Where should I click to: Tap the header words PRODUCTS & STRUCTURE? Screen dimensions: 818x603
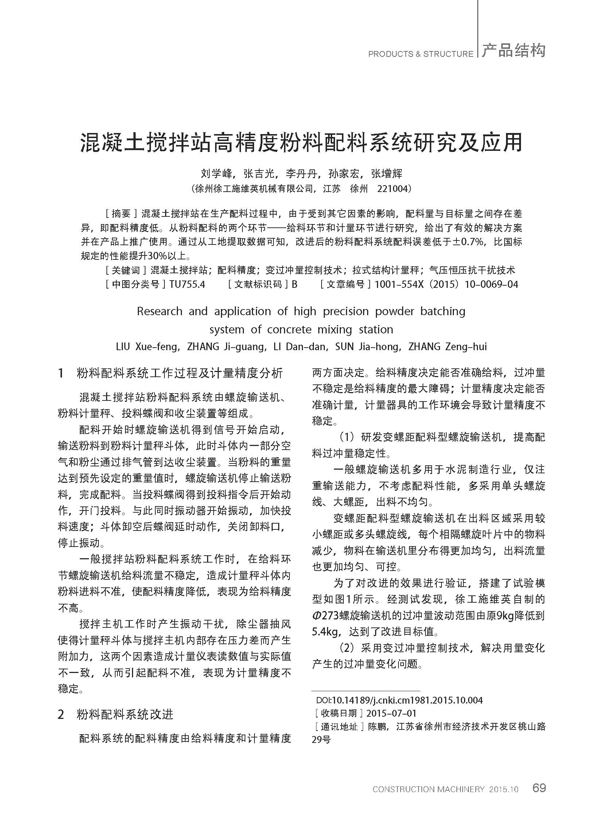pos(420,54)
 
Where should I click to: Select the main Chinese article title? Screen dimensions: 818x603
pos(301,142)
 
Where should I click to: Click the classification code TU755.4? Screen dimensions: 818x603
pos(187,284)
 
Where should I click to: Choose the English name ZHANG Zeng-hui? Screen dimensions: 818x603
pos(447,347)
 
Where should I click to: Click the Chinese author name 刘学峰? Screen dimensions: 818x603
pos(217,173)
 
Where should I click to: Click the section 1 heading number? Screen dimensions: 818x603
pos(61,373)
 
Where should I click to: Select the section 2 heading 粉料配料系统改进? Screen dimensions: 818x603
pos(125,715)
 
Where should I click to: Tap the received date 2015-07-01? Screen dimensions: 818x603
pos(391,713)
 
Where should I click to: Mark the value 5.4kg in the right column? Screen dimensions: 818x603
pos(324,631)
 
